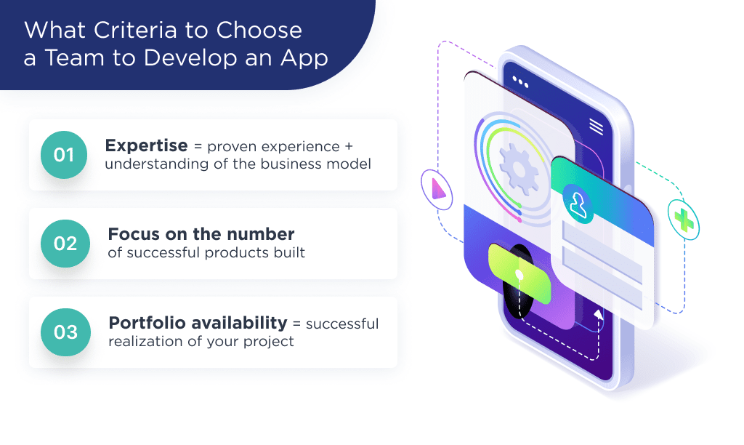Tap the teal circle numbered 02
pos(65,244)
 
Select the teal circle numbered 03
pos(65,332)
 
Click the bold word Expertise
pos(146,145)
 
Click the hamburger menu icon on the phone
pos(596,127)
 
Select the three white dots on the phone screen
pos(520,80)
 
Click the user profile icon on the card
pos(579,205)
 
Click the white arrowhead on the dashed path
pos(599,314)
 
